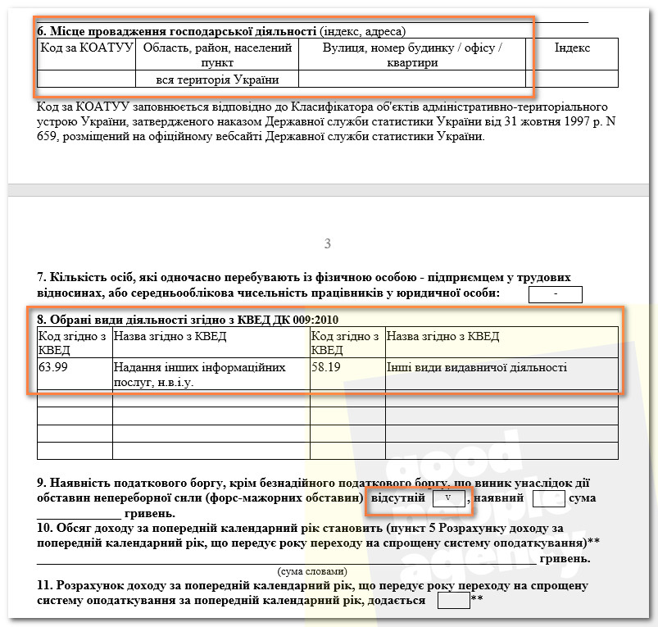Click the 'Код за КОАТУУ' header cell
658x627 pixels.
(86, 48)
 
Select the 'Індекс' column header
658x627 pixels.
(572, 48)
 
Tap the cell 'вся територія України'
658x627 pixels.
(217, 80)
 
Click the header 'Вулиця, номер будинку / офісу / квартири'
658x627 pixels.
(412, 55)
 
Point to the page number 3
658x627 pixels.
(328, 243)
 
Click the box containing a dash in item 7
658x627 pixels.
(556, 294)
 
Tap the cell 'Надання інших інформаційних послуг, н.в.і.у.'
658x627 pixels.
(211, 374)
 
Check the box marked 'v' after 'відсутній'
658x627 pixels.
(448, 498)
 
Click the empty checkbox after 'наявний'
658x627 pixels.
(548, 498)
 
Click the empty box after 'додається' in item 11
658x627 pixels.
(453, 601)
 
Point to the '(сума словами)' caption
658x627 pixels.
(312, 570)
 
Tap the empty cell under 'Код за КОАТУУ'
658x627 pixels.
(86, 80)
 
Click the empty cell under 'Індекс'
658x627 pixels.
(572, 80)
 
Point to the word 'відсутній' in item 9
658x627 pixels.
(397, 498)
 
